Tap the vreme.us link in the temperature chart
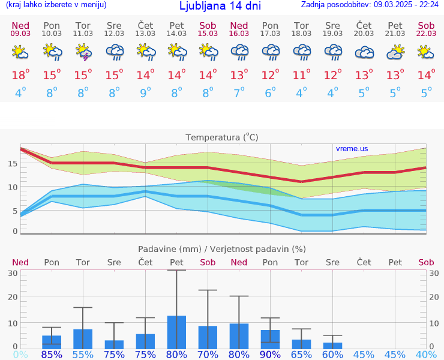coord(352,148)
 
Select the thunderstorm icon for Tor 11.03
coord(83,53)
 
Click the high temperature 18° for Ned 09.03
coord(20,75)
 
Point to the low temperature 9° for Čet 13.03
coord(145,93)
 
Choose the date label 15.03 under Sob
coord(208,33)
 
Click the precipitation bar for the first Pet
coord(176,332)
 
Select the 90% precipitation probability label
coord(270,354)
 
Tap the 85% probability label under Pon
coord(52,354)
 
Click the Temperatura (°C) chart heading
coord(222,137)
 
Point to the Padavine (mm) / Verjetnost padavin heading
coord(222,249)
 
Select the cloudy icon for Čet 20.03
coord(364,53)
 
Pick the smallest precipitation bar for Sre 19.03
coord(332,346)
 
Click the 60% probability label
coord(332,354)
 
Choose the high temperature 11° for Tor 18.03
coord(301,75)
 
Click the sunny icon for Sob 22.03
coord(426,53)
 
